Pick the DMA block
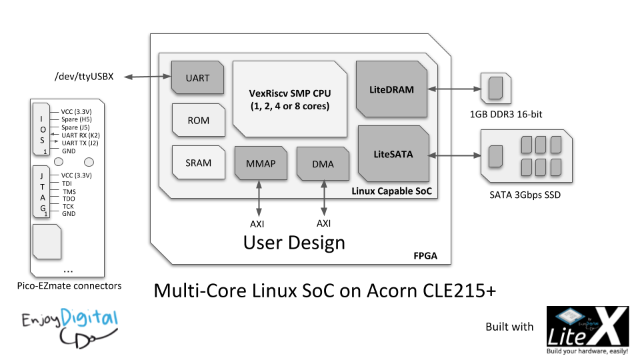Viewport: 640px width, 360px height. tap(323, 164)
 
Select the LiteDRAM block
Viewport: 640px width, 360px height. tap(391, 88)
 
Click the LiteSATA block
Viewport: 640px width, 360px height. tap(392, 154)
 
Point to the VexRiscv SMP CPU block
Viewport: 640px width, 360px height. tap(289, 99)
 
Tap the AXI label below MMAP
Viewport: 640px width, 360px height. tap(258, 224)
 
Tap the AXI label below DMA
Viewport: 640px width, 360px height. tap(324, 224)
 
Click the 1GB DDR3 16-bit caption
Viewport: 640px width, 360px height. tap(506, 114)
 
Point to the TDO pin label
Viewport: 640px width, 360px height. tap(69, 199)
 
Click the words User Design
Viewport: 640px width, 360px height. tap(294, 242)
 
